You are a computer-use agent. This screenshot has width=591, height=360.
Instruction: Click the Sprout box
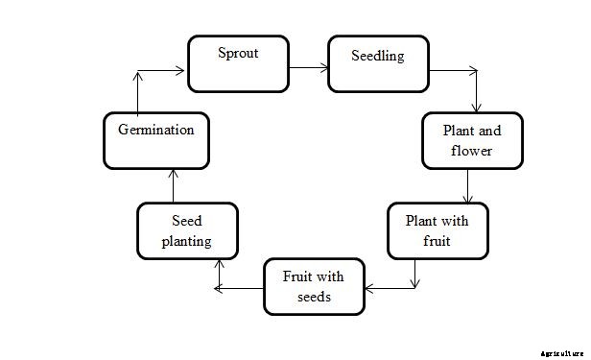tap(237, 63)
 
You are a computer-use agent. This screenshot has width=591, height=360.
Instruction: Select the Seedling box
tap(378, 64)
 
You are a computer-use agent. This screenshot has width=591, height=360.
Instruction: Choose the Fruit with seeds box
tap(313, 286)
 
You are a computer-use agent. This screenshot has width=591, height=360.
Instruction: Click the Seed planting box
tap(186, 230)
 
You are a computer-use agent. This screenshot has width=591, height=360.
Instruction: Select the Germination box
tap(155, 139)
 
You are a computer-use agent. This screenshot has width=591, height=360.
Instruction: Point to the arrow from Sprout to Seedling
tap(307, 68)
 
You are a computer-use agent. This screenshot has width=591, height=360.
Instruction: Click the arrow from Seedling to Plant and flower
tap(476, 86)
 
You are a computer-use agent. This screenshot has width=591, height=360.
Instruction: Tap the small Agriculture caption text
tap(560, 353)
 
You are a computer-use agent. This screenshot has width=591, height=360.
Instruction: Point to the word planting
tap(186, 241)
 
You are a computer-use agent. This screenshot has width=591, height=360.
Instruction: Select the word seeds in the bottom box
tap(313, 297)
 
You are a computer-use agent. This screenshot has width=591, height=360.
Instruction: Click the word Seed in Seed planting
tap(186, 221)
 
